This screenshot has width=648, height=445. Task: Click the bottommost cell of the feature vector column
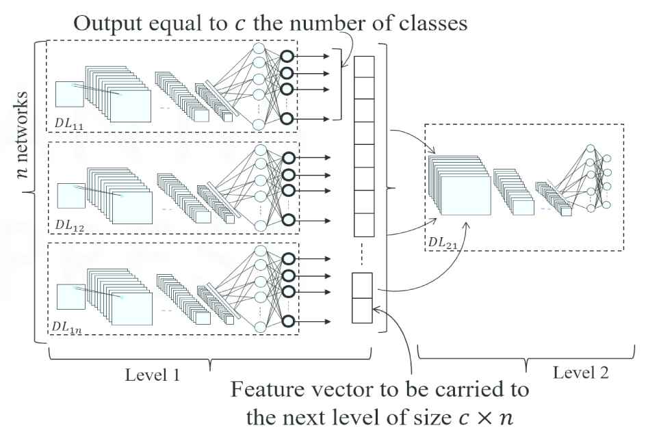[x=362, y=310]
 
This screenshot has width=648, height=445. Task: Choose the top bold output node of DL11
[x=287, y=56]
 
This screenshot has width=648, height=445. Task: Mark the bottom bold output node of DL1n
[x=287, y=321]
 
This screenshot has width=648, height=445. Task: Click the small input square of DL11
[x=69, y=94]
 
